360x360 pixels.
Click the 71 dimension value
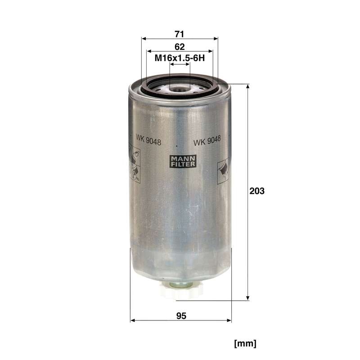(x=179, y=34)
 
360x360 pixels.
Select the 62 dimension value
(x=180, y=47)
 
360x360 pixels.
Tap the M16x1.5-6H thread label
(x=180, y=58)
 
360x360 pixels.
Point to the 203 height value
(x=257, y=191)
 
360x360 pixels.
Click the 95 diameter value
(x=181, y=316)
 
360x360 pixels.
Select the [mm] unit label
(x=245, y=344)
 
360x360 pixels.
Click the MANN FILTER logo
(x=183, y=161)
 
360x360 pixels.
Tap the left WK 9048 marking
(x=148, y=140)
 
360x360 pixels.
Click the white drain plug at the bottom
(x=181, y=290)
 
